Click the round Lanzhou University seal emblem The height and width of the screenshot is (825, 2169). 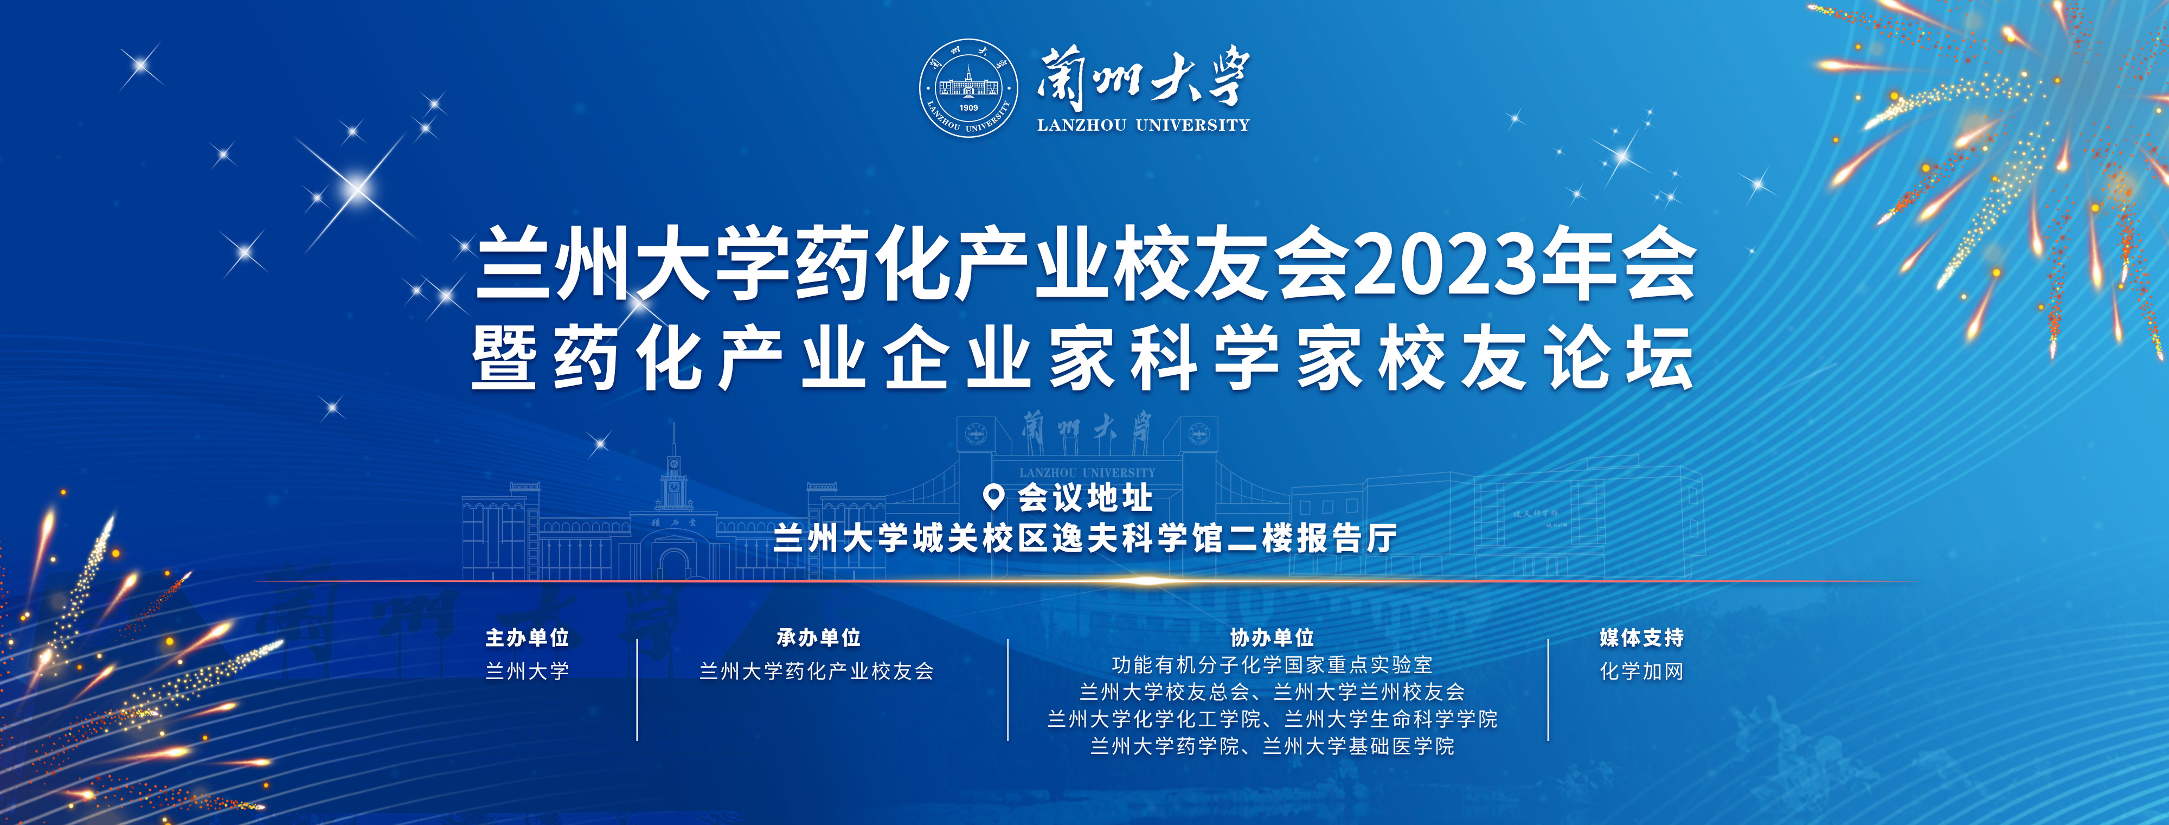[x=968, y=87]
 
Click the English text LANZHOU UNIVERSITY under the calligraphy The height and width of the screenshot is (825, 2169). [x=1144, y=125]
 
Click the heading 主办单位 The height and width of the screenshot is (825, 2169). [x=527, y=637]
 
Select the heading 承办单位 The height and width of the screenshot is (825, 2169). [x=818, y=637]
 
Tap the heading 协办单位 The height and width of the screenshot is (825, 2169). [x=1272, y=637]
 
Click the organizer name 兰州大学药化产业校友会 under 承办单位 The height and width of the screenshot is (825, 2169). [x=817, y=671]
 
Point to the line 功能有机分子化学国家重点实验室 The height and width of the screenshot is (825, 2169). [x=1272, y=665]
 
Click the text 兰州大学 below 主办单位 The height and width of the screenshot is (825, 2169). [x=527, y=671]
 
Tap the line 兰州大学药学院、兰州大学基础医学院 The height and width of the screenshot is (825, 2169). [x=1272, y=746]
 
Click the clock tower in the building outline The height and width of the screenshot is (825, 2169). [x=673, y=476]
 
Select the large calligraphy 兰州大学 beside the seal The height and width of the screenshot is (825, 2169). [x=1144, y=78]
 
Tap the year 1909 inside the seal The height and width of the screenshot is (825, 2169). [x=968, y=108]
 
